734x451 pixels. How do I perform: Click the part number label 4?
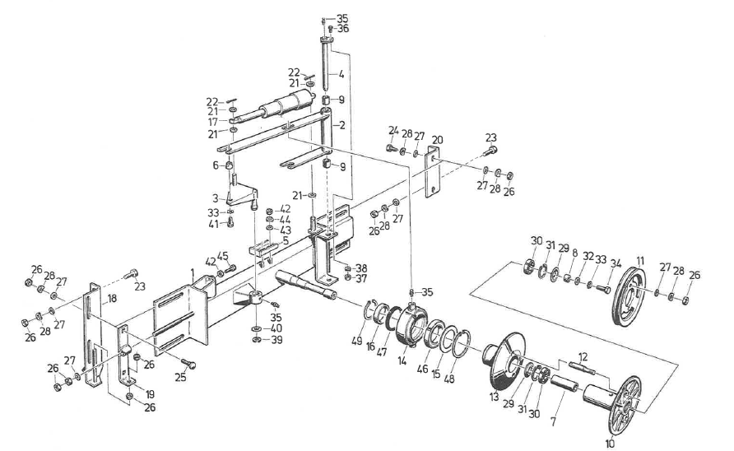pyautogui.click(x=341, y=74)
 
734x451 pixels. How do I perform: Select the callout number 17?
pyautogui.click(x=213, y=122)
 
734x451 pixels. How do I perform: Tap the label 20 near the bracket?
pyautogui.click(x=437, y=140)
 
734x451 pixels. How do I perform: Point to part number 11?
pyautogui.click(x=640, y=260)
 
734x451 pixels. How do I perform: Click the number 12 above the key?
pyautogui.click(x=583, y=357)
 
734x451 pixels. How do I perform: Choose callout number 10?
pyautogui.click(x=610, y=443)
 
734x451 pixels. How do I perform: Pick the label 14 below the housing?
pyautogui.click(x=402, y=361)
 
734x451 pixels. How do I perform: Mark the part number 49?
pyautogui.click(x=356, y=341)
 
